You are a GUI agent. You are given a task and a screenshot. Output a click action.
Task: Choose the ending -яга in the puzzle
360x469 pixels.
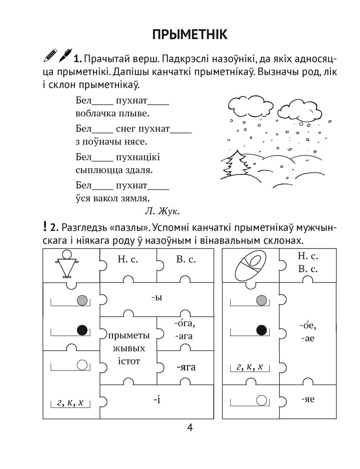tap(186, 368)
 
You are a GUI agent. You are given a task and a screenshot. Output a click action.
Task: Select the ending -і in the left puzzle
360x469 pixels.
tap(157, 401)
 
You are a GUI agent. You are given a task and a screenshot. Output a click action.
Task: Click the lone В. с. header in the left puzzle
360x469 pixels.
tap(185, 259)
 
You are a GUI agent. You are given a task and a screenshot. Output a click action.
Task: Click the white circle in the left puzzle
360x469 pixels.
tap(82, 364)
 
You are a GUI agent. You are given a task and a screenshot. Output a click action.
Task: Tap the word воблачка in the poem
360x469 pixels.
tap(95, 113)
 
